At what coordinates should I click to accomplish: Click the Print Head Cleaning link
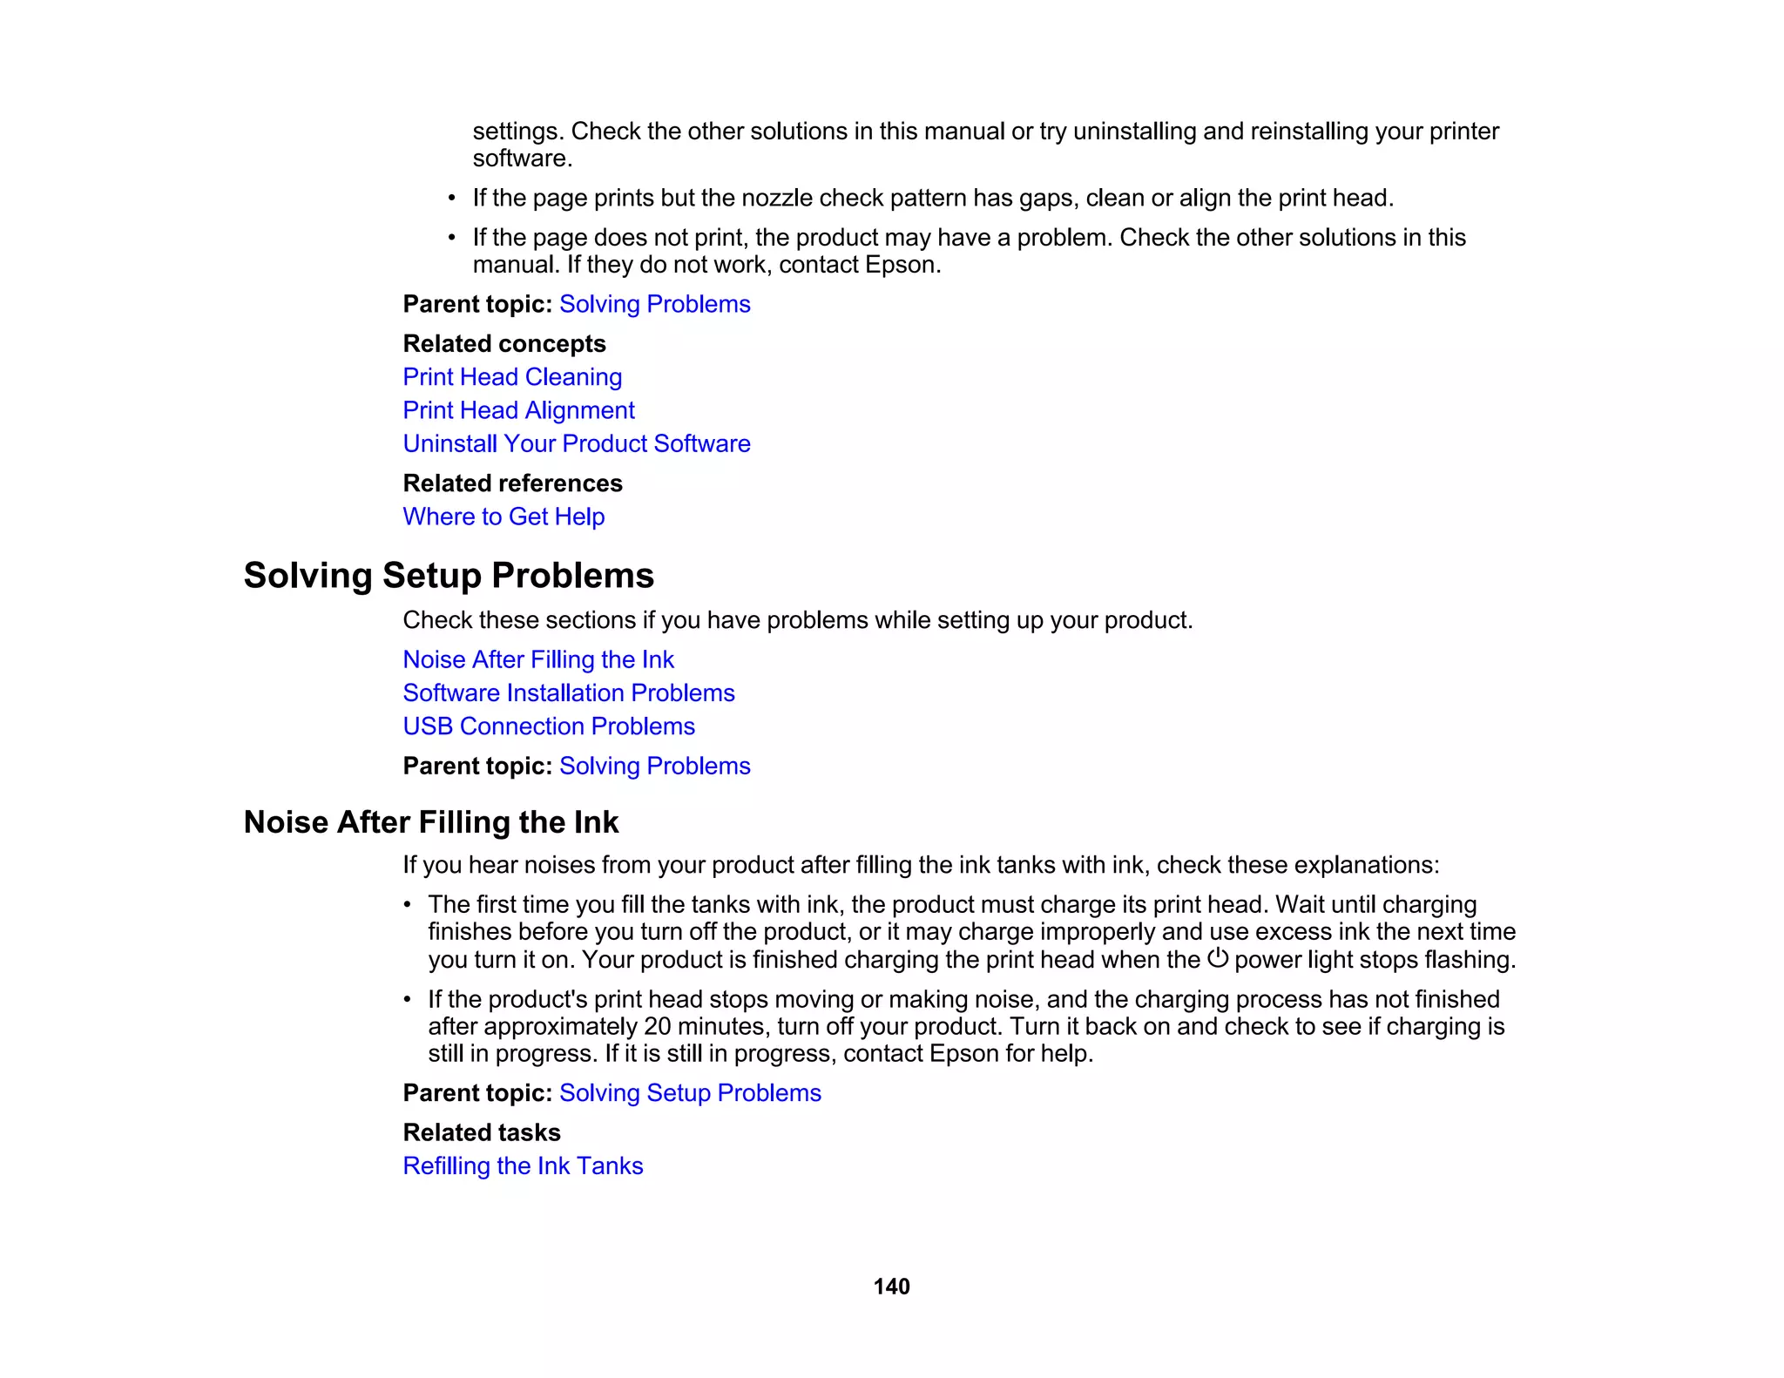pos(512,377)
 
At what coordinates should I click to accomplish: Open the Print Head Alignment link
pos(518,410)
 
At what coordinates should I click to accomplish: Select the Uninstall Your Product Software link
pos(576,443)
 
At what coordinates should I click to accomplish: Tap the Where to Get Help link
pos(503,517)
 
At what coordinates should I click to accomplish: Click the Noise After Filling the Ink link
pos(537,659)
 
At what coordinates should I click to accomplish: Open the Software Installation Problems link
pos(568,692)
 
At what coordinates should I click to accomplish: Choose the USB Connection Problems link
pos(549,726)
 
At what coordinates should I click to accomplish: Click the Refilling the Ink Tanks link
pos(523,1165)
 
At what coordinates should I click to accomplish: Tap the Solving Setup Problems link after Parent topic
pos(690,1093)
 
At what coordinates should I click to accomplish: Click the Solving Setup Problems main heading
pos(449,576)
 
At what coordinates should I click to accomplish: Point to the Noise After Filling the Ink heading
pos(431,822)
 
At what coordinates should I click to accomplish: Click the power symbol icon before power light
pos(1217,958)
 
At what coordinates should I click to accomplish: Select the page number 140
pos(891,1287)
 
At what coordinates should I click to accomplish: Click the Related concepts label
pos(503,344)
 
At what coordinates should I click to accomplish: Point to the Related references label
pos(512,483)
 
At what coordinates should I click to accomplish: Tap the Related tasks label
pos(481,1132)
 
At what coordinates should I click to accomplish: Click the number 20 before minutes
pos(657,1026)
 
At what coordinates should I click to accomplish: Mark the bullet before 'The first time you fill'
pos(407,905)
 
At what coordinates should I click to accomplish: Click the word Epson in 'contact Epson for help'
pos(963,1054)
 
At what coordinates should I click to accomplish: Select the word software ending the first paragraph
pos(520,159)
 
